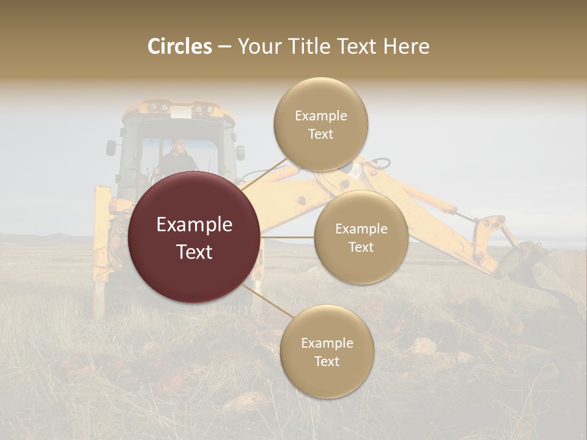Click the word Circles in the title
tap(180, 46)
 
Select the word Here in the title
tap(406, 46)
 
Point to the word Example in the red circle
tap(194, 225)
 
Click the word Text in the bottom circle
tap(327, 361)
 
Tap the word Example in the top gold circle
tap(321, 116)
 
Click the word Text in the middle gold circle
tap(361, 247)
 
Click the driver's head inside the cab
tap(177, 145)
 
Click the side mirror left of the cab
tap(111, 147)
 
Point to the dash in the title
tap(224, 47)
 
